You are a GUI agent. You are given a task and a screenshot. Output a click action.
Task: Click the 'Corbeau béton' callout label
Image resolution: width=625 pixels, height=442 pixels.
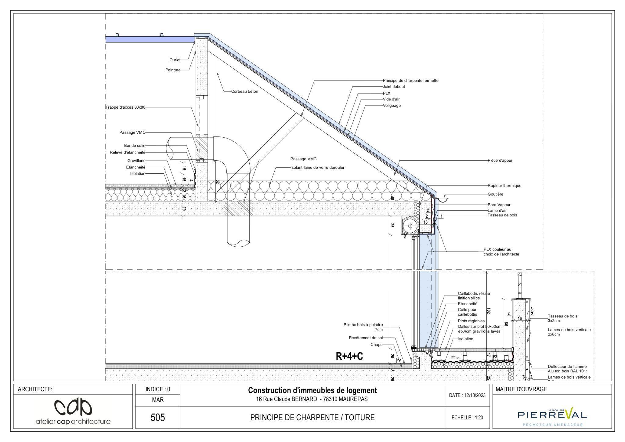[x=244, y=91]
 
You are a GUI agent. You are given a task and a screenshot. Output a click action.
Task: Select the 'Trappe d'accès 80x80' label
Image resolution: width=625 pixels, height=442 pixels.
[x=125, y=107]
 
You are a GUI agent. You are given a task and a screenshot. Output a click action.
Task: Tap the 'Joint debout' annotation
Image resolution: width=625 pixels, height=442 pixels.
[x=394, y=87]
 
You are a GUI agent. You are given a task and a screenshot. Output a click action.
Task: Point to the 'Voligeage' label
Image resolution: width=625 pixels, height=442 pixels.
[x=392, y=106]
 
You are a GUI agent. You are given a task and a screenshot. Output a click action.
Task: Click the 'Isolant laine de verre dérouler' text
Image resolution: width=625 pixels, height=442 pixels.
[x=317, y=168]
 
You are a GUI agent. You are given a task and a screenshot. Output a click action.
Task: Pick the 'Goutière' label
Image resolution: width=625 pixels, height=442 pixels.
[x=495, y=194]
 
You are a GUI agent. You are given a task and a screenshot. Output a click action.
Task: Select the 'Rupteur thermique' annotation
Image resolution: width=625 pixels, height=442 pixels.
[x=504, y=186]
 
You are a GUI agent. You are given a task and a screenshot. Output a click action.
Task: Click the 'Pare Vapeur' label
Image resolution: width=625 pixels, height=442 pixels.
[x=499, y=205]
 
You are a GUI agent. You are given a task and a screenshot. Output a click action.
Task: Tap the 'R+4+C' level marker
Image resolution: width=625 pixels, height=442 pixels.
[x=349, y=356]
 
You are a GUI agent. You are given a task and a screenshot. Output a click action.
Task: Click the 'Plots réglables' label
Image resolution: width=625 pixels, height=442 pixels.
[x=471, y=321]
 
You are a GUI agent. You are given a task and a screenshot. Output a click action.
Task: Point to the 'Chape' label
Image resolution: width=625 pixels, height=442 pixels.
[x=376, y=345]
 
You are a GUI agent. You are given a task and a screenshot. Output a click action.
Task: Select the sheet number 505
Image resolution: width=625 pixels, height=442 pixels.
[x=158, y=417]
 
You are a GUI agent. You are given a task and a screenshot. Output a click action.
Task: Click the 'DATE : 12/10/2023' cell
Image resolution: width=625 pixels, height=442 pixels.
[x=467, y=395]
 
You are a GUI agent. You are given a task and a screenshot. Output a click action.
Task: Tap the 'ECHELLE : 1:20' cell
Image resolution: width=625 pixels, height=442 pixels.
[x=467, y=418]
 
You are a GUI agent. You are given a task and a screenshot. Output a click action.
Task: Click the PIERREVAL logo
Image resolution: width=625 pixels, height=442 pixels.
[x=552, y=415]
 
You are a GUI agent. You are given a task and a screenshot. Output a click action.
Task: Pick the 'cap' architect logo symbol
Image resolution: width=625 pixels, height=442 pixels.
[x=73, y=407]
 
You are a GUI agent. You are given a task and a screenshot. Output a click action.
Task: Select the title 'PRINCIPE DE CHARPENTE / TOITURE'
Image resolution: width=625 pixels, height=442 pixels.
[x=312, y=418]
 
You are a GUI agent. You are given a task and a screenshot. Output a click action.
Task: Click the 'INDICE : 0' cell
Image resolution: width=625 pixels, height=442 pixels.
[x=158, y=389]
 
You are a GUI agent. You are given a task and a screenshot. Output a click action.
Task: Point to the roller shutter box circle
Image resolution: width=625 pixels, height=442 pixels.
[x=410, y=226]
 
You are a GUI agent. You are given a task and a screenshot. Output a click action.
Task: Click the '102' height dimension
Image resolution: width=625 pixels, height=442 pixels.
[x=488, y=311]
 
